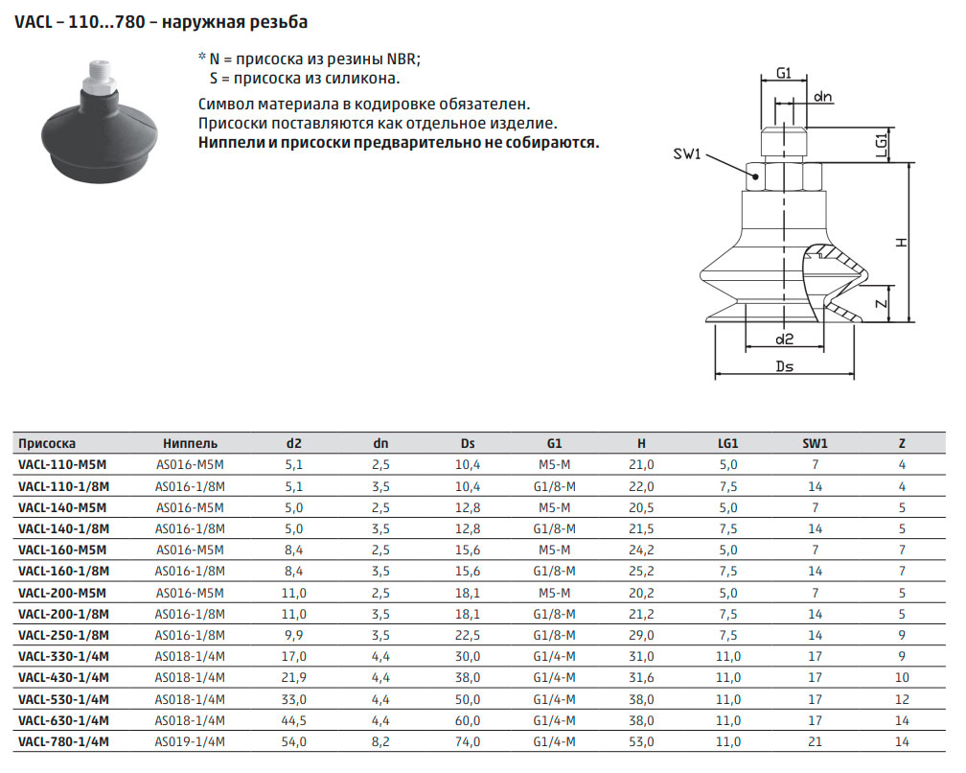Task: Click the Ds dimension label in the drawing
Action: click(784, 366)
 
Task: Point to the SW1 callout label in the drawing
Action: click(687, 153)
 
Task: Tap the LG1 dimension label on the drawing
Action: click(881, 146)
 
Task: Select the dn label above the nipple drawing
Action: click(822, 97)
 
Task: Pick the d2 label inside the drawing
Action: click(784, 339)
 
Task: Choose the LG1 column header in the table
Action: click(727, 443)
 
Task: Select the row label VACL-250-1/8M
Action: click(63, 635)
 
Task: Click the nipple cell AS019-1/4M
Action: click(190, 741)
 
